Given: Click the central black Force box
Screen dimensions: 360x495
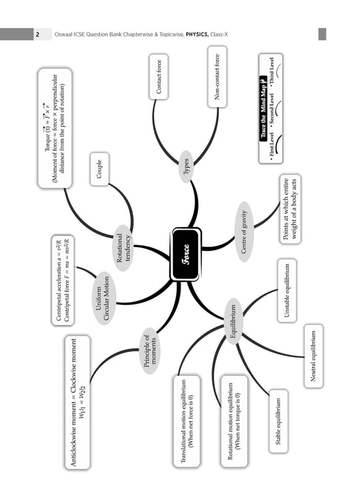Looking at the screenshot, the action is pyautogui.click(x=186, y=254).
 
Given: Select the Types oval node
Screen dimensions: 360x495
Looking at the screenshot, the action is pyautogui.click(x=186, y=166).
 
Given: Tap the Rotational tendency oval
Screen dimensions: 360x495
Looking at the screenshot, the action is pyautogui.click(x=123, y=248).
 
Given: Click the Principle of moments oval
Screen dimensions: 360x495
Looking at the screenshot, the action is pyautogui.click(x=150, y=351).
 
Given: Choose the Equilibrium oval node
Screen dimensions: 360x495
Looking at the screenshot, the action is pyautogui.click(x=233, y=321).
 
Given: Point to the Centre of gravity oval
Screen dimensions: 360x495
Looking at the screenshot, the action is pyautogui.click(x=244, y=231).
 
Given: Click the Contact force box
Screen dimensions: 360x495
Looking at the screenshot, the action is pyautogui.click(x=158, y=77).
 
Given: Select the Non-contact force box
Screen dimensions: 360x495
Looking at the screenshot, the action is pyautogui.click(x=217, y=77).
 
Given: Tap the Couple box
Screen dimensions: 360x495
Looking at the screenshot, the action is pyautogui.click(x=100, y=169).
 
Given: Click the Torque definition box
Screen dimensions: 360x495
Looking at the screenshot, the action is pyautogui.click(x=55, y=129).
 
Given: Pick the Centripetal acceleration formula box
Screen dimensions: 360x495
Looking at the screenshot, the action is pyautogui.click(x=62, y=280).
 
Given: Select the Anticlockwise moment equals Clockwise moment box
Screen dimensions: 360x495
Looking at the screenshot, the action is pyautogui.click(x=77, y=402).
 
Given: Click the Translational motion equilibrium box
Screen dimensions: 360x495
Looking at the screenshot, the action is pyautogui.click(x=186, y=421).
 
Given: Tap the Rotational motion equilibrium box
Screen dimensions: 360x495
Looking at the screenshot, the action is pyautogui.click(x=234, y=421).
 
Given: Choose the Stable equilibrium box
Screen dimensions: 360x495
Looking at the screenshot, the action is pyautogui.click(x=278, y=421).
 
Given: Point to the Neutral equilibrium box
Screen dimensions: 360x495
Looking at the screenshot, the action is pyautogui.click(x=314, y=356).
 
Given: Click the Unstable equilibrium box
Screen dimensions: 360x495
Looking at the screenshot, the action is pyautogui.click(x=287, y=290).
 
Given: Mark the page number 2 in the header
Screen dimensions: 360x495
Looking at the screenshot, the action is pyautogui.click(x=38, y=35).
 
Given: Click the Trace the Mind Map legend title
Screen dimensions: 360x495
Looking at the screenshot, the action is pyautogui.click(x=264, y=108).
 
